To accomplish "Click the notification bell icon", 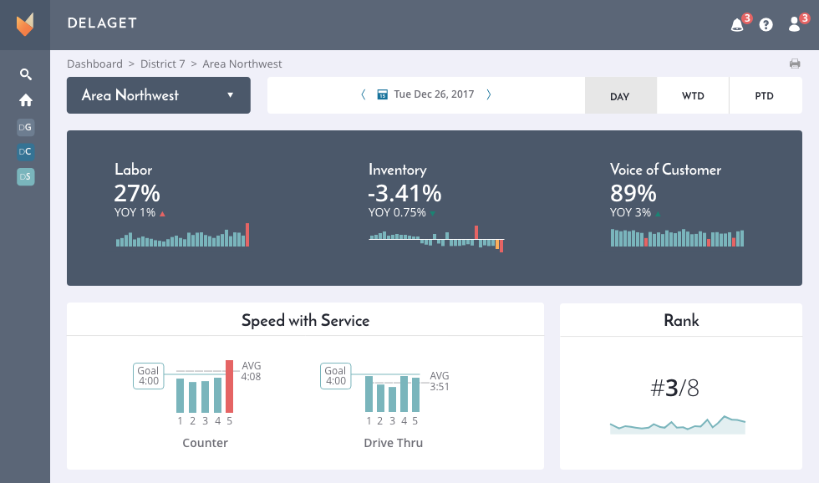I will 737,25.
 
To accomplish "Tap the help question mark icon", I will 766,25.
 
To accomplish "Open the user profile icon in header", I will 795,25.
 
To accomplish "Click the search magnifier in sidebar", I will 26,74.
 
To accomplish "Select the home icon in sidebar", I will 26,100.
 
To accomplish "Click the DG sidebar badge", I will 26,127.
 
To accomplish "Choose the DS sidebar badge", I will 26,177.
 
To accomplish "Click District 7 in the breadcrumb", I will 163,64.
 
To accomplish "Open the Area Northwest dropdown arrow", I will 230,95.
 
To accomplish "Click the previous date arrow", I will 364,95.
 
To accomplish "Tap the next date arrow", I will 488,95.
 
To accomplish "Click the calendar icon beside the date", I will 382,95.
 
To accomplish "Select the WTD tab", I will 693,96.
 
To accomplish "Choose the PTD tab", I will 764,96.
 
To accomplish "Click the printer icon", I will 795,64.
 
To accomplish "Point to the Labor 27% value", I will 137,193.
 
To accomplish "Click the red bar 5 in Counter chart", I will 229,386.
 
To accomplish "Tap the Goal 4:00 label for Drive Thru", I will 335,376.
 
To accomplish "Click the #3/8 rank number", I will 674,388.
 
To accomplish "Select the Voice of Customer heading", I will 665,170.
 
